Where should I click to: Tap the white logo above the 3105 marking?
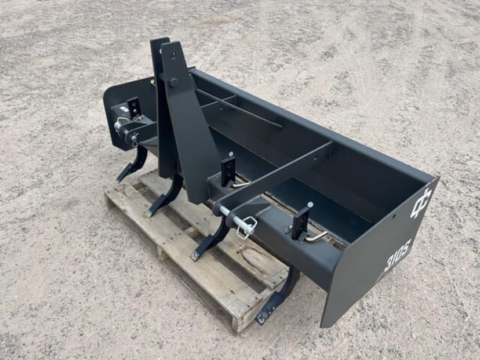(x=421, y=202)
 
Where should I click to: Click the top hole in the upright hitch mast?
(x=173, y=55)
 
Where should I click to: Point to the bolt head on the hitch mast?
(x=173, y=82)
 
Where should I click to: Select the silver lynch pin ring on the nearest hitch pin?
(x=247, y=227)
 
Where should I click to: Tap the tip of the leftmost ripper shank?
(x=119, y=179)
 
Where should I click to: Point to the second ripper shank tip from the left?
(x=151, y=213)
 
